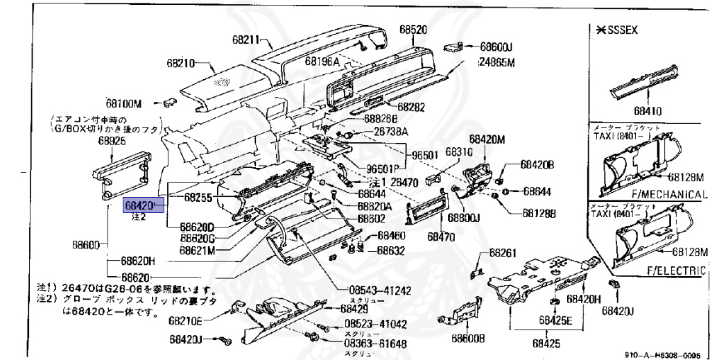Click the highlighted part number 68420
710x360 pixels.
tap(143, 206)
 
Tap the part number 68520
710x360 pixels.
tap(413, 30)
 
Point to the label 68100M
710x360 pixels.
tap(124, 103)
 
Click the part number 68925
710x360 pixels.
tap(112, 140)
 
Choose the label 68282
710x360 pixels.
tap(410, 107)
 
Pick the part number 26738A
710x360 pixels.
tap(391, 131)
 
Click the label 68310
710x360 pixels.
tap(458, 151)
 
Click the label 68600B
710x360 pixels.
tap(468, 338)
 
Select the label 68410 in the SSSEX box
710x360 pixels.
tap(648, 110)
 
